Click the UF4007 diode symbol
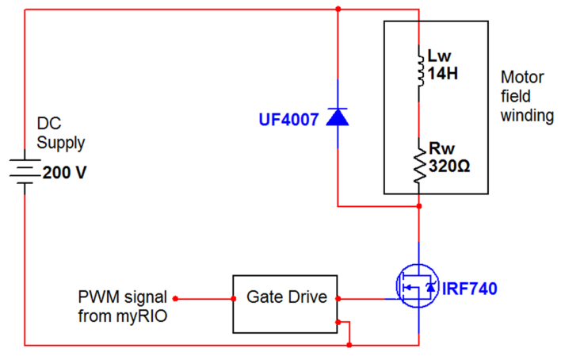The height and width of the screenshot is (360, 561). (338, 117)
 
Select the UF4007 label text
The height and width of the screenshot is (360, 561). (288, 120)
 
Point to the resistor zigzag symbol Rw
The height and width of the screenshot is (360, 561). (418, 165)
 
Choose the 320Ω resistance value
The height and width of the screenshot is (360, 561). (449, 167)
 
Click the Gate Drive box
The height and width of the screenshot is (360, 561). (285, 304)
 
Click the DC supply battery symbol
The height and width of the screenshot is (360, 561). (25, 174)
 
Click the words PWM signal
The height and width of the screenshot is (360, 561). (123, 297)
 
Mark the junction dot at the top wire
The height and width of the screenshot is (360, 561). (338, 10)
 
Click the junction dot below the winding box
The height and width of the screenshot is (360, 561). (418, 207)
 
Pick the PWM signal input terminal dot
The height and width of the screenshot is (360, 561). (176, 299)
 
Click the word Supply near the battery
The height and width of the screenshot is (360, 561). (61, 144)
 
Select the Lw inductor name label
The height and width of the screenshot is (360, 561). (439, 57)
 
